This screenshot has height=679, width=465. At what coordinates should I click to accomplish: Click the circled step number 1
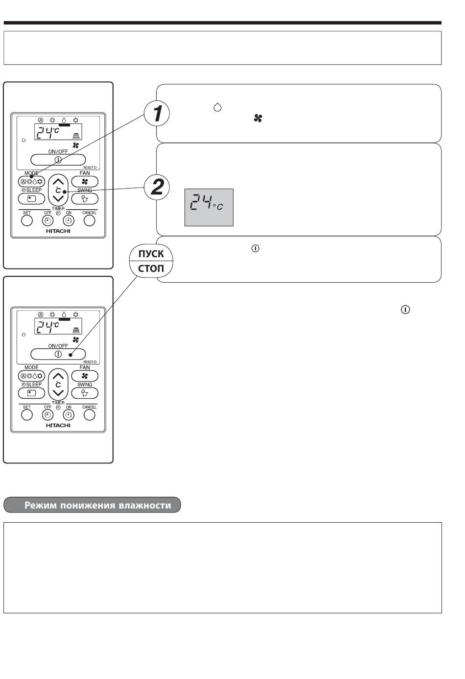[157, 113]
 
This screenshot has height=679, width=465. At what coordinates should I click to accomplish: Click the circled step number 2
[157, 187]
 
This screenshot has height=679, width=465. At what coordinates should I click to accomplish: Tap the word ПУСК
[151, 254]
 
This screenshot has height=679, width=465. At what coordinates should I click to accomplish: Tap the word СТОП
[151, 268]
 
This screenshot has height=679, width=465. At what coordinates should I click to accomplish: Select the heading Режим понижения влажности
[97, 505]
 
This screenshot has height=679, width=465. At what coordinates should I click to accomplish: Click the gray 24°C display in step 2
[209, 207]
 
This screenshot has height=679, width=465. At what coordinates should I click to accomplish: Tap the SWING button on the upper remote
[85, 199]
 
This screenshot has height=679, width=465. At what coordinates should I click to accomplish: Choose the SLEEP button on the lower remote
[31, 393]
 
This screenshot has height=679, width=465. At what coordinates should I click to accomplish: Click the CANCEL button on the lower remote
[90, 415]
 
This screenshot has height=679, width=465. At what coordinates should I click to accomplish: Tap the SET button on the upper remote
[27, 220]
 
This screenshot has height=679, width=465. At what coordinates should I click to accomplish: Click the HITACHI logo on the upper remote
[58, 231]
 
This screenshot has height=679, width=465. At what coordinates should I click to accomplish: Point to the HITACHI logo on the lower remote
[58, 425]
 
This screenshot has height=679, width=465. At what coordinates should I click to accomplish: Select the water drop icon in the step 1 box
[217, 107]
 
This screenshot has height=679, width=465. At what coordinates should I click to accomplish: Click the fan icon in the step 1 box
[258, 118]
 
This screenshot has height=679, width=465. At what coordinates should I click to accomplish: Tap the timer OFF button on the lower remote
[47, 415]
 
